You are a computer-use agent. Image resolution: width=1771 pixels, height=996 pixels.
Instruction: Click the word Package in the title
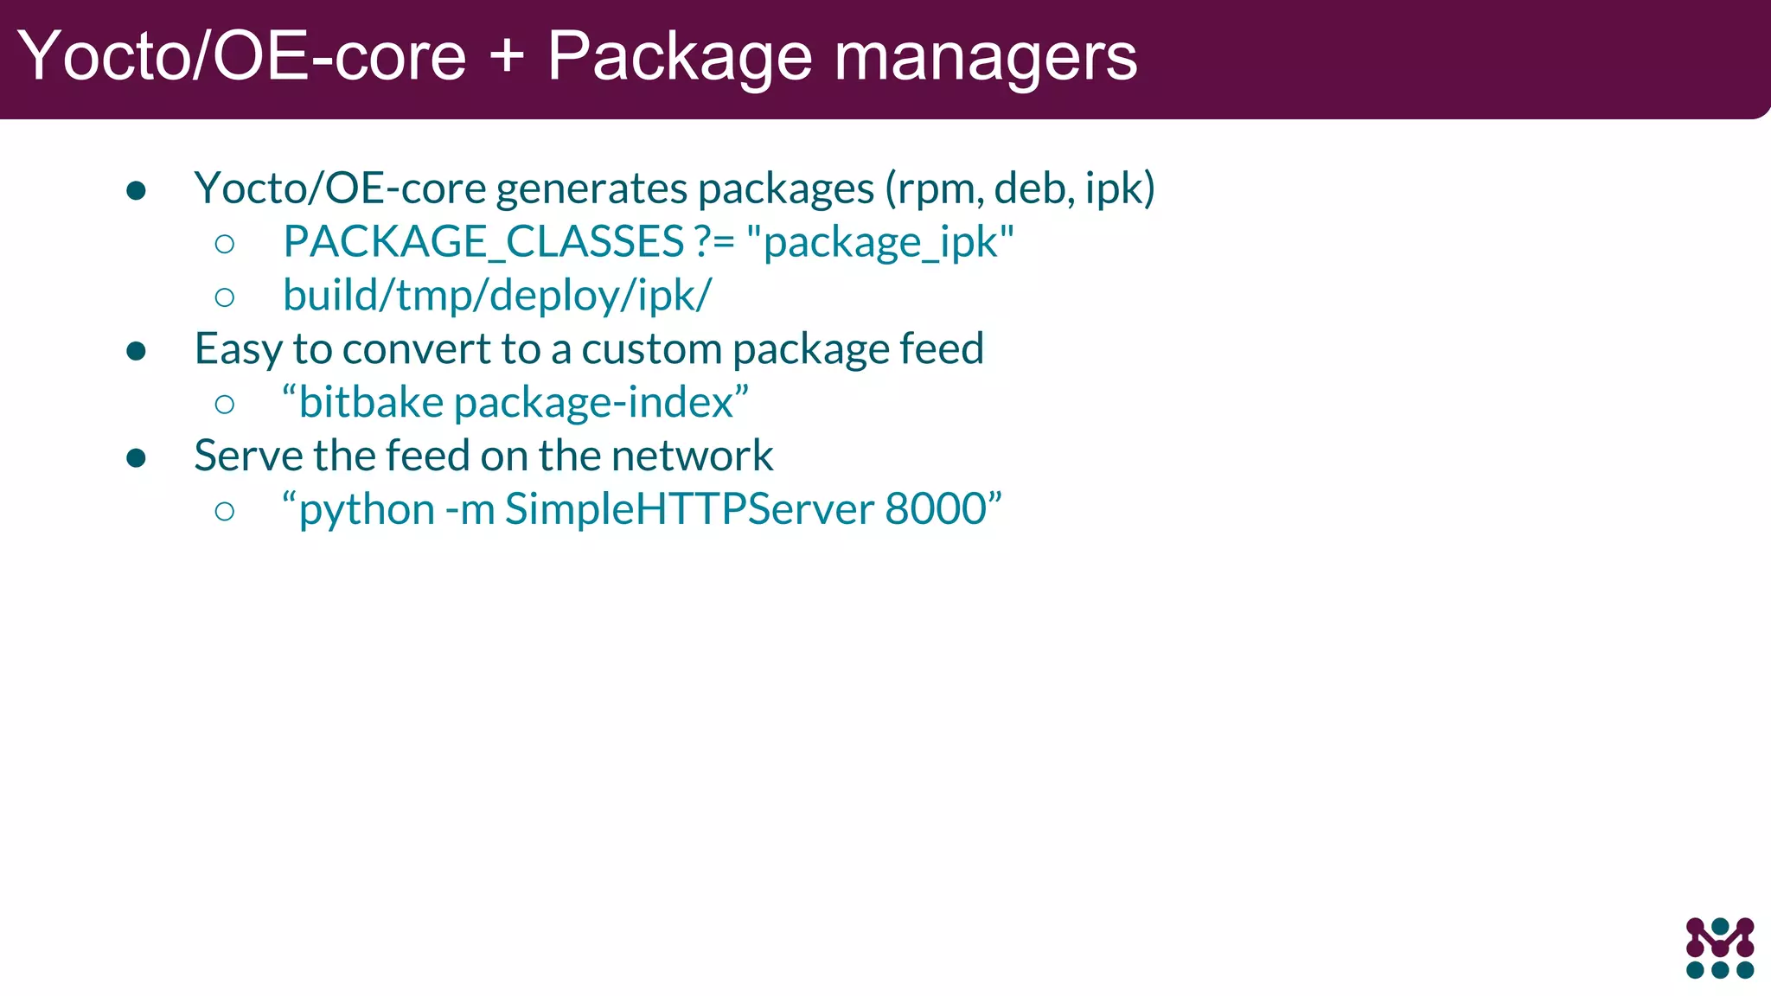679,57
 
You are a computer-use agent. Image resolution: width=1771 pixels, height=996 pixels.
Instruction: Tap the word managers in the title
985,57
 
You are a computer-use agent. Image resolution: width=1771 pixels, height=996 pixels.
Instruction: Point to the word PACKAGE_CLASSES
483,242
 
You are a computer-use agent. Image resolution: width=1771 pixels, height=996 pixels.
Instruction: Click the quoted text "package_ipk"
879,242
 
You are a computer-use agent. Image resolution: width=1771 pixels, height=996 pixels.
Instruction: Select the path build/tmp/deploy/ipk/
496,296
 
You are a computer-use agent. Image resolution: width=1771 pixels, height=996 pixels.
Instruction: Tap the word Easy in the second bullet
239,350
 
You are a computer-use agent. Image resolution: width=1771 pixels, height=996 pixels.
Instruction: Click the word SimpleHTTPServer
689,509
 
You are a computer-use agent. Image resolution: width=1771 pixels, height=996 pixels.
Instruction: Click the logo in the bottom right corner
1719,948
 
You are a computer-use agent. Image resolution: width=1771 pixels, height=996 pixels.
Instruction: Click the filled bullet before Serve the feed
136,457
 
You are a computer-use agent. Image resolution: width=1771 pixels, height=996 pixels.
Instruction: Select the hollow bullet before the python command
225,511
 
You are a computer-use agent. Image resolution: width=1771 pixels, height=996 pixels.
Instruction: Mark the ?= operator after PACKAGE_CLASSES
714,242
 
